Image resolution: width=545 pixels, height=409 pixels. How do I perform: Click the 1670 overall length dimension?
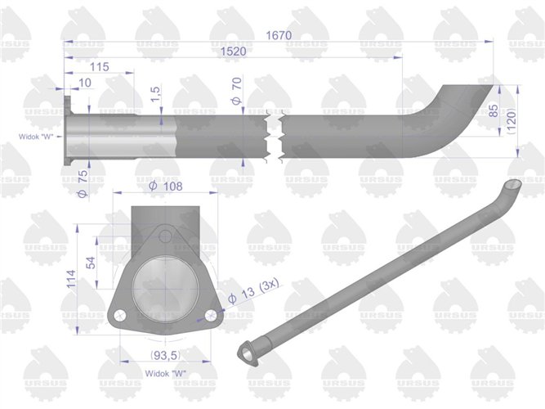[279, 35]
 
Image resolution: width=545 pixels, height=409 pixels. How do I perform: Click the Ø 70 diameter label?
[236, 92]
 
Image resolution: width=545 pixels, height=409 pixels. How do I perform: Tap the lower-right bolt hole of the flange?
[211, 314]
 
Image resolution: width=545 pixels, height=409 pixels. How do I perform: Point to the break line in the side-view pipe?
[273, 133]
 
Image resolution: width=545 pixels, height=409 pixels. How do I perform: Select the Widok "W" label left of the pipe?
[35, 137]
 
